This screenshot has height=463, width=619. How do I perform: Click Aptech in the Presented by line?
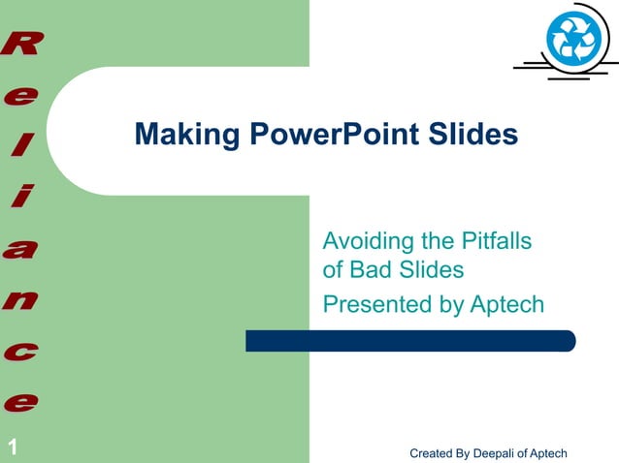(506, 305)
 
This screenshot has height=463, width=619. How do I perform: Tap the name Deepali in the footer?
(489, 453)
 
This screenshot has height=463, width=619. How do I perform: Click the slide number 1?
(13, 447)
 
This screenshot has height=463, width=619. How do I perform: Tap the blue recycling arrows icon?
(573, 39)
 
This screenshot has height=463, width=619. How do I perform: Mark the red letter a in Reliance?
(21, 249)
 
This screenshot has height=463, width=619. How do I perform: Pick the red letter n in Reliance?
(21, 299)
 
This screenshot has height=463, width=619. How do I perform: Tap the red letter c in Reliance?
(21, 350)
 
